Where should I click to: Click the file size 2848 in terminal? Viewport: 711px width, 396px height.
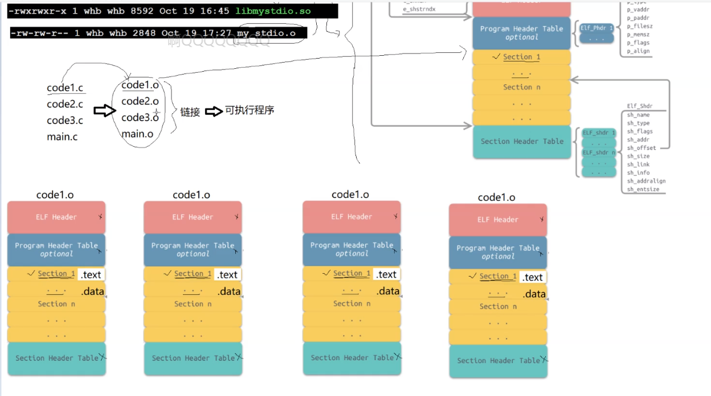[144, 33]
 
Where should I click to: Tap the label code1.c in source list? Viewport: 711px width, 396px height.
[66, 88]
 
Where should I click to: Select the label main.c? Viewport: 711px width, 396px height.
[62, 137]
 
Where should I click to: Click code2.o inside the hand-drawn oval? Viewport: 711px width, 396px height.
[140, 101]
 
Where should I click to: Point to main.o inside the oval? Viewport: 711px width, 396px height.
[137, 134]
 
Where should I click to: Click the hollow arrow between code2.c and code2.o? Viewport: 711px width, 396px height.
[105, 110]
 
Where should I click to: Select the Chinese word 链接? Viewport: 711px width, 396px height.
[190, 112]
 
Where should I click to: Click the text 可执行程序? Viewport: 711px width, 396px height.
[249, 110]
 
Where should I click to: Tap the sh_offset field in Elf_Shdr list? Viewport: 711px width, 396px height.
[641, 148]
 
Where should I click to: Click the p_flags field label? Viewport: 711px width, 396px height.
[638, 43]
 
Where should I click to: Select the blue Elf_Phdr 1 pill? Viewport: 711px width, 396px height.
[596, 27]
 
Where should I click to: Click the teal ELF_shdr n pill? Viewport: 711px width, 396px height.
[598, 152]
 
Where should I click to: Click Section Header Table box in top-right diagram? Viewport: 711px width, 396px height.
[521, 142]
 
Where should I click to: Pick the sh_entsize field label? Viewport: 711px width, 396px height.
[643, 189]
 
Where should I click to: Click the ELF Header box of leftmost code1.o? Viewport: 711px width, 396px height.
[56, 217]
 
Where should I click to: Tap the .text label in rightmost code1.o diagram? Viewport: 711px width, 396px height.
[533, 277]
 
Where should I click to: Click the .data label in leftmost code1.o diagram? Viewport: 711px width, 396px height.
[92, 291]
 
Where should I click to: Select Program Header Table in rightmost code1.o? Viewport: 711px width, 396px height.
[497, 252]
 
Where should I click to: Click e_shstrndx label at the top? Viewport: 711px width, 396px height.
[419, 10]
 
